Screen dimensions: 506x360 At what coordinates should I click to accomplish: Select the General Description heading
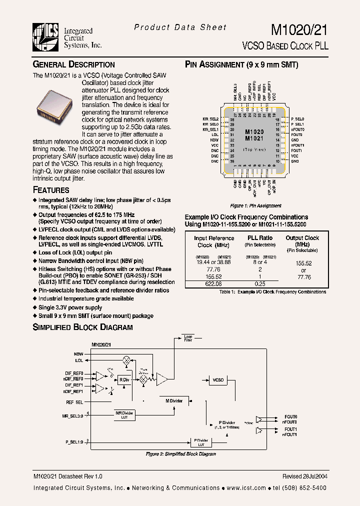click(73, 64)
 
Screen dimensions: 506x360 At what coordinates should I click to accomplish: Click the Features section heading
click(51, 190)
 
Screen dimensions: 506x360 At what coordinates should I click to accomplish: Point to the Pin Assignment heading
click(241, 64)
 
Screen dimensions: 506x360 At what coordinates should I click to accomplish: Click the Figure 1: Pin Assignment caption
click(255, 206)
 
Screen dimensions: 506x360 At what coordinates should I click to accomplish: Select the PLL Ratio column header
click(260, 238)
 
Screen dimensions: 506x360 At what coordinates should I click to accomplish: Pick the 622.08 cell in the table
click(214, 283)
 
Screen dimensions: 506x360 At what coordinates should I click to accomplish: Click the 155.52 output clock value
click(304, 262)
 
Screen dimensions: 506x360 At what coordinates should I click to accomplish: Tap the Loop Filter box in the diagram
click(188, 338)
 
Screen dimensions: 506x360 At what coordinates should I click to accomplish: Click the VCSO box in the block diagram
click(218, 380)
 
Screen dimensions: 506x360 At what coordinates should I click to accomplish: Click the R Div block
click(124, 379)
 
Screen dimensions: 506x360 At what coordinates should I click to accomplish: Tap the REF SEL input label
click(74, 401)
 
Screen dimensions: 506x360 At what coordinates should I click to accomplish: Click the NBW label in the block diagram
click(78, 353)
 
